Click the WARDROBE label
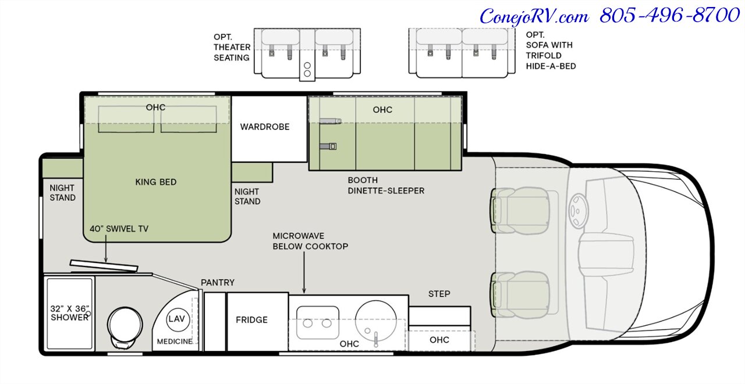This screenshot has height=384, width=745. pyautogui.click(x=265, y=126)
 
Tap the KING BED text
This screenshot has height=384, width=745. pyautogui.click(x=156, y=182)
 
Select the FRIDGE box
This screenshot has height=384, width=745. pyautogui.click(x=251, y=319)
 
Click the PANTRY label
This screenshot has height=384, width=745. pyautogui.click(x=218, y=283)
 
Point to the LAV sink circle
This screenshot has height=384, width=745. pyautogui.click(x=176, y=319)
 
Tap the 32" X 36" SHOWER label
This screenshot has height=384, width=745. pyautogui.click(x=69, y=312)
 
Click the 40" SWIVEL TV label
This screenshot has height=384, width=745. pyautogui.click(x=119, y=229)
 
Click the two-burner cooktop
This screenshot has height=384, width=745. pyautogui.click(x=318, y=323)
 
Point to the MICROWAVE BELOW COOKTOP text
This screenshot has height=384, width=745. pyautogui.click(x=310, y=241)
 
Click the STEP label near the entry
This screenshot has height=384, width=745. pyautogui.click(x=439, y=294)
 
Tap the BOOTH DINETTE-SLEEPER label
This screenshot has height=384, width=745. pyautogui.click(x=386, y=185)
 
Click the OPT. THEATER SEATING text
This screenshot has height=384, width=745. pyautogui.click(x=231, y=47)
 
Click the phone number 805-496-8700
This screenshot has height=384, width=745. pyautogui.click(x=669, y=16)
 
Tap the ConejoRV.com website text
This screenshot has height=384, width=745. pyautogui.click(x=534, y=16)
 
